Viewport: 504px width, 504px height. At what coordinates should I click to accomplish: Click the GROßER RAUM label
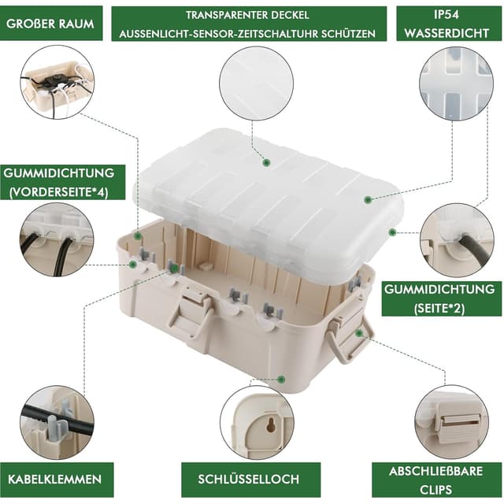pos(50,24)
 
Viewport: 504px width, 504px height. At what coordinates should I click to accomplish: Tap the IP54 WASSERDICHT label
pos(447,24)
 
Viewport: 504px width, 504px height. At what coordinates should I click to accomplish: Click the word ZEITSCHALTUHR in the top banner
pos(295,35)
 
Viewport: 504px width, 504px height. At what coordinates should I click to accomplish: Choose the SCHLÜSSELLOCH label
pos(250,479)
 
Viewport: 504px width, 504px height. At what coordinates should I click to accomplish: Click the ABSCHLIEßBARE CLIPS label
pos(447,479)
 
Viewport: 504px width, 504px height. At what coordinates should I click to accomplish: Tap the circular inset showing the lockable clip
pos(452,421)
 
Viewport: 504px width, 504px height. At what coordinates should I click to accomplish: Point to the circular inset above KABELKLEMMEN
pos(57,421)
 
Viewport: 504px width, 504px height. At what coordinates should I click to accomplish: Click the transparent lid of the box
pos(268,197)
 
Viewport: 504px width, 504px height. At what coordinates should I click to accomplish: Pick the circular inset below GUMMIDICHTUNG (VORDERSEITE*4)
pos(57,239)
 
